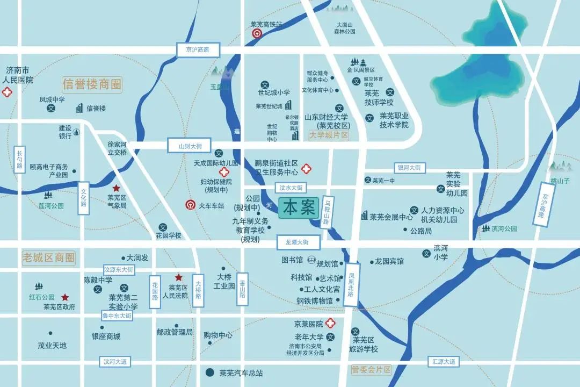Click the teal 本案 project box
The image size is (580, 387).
[299, 208]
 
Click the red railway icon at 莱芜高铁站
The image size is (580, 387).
[257, 33]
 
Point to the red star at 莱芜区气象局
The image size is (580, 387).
[116, 188]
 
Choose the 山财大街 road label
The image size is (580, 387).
[191, 146]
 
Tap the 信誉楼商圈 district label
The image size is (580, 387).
[92, 84]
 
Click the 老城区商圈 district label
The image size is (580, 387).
[49, 257]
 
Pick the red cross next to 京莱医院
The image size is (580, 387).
[330, 324]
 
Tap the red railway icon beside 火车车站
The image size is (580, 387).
[190, 205]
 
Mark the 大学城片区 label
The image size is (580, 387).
[329, 135]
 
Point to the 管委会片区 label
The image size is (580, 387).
[372, 370]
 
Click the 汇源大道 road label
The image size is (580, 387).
[444, 362]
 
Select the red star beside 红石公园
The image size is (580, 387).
[65, 297]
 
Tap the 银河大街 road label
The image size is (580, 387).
[410, 168]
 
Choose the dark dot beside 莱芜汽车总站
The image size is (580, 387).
[210, 372]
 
